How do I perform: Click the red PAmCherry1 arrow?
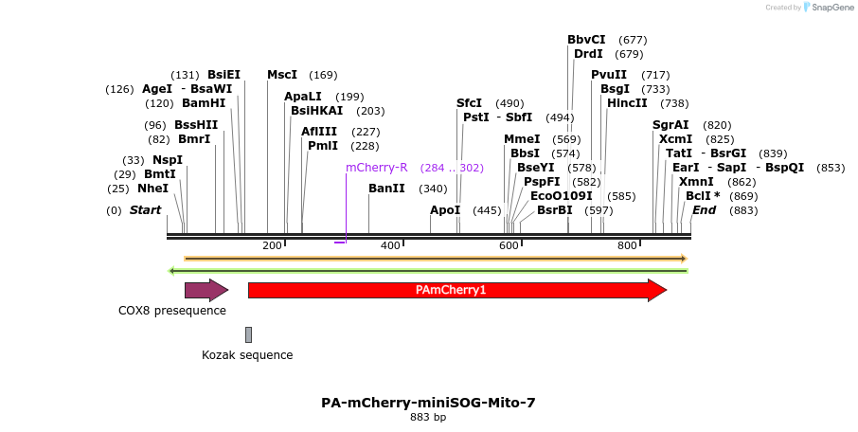(x=456, y=290)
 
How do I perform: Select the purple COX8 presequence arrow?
(x=206, y=290)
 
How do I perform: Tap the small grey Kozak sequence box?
(x=248, y=334)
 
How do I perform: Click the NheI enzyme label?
(x=152, y=189)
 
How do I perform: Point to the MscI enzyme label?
(x=282, y=75)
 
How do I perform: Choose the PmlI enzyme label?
(x=323, y=146)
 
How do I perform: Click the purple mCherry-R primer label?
(x=377, y=168)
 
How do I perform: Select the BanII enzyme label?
(x=386, y=189)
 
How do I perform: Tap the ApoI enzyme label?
(x=445, y=210)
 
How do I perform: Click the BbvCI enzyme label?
(x=586, y=40)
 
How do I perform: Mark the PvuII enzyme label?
(x=609, y=75)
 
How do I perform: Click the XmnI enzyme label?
(x=696, y=182)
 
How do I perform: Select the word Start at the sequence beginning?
(x=145, y=210)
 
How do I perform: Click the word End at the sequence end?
(x=704, y=210)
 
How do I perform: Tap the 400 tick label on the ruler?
(x=390, y=246)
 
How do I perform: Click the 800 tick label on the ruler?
(x=627, y=246)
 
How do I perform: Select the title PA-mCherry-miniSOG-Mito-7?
(x=428, y=403)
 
